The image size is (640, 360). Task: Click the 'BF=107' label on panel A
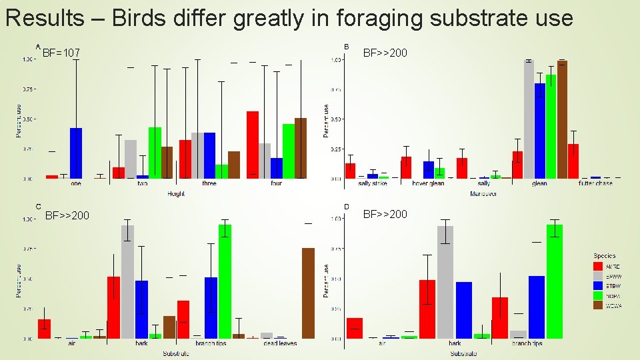coord(61,52)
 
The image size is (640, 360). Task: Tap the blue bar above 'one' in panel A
coord(76,153)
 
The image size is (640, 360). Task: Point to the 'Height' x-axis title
coord(176,193)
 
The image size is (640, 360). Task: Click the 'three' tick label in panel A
coord(209,183)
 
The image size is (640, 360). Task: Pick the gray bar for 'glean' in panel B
coord(529,120)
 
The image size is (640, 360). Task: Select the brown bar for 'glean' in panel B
coord(562,120)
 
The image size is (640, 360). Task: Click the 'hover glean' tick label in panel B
coord(428,183)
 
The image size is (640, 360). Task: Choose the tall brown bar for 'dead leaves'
coord(307,293)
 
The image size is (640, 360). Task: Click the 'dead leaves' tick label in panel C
coord(280,343)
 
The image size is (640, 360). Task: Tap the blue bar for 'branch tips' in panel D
coord(537,307)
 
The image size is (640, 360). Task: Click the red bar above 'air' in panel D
coord(355,328)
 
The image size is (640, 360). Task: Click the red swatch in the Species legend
coord(598,266)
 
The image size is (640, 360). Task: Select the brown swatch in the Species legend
coord(598,305)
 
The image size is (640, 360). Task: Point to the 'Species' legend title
coord(605,256)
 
